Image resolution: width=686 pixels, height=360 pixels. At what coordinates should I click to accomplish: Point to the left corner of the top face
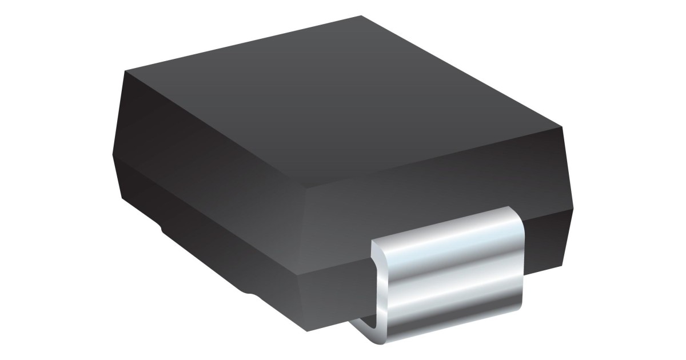125,72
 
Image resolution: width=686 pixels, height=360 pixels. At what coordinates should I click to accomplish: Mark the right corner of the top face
563,126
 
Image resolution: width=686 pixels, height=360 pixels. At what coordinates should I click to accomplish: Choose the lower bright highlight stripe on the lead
452,297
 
